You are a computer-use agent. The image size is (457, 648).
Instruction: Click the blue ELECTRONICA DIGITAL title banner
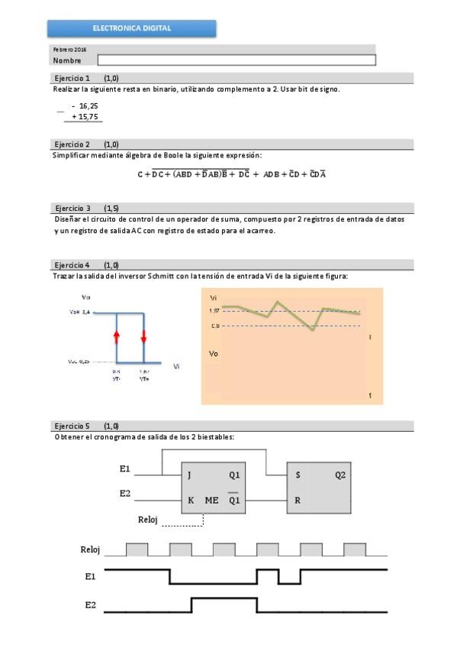(132, 28)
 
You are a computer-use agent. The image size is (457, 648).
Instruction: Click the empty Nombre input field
(237, 60)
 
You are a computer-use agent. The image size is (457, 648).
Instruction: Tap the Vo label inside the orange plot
(214, 354)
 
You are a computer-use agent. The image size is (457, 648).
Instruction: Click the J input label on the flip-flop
(189, 475)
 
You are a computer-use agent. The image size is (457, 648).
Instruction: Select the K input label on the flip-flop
(189, 501)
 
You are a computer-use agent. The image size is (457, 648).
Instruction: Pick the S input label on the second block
(297, 475)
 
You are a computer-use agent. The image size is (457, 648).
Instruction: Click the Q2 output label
(340, 475)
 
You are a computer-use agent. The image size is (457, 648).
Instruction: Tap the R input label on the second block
(297, 501)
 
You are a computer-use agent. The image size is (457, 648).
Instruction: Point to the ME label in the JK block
(211, 501)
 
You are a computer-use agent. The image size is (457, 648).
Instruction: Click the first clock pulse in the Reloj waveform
(137, 549)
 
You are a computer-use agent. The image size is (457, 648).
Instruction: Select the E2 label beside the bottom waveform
(91, 604)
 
